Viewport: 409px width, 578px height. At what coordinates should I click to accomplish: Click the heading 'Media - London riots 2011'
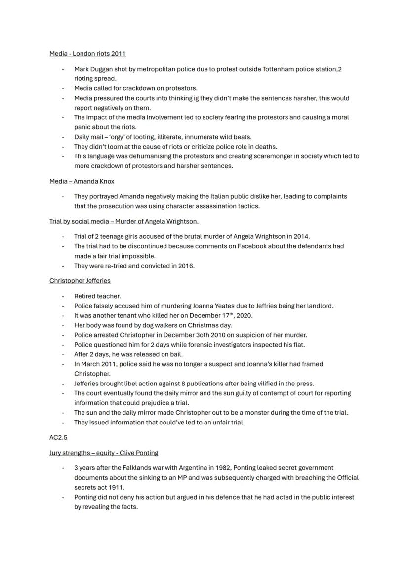87,53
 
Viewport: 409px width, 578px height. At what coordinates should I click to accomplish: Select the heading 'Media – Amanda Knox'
82,181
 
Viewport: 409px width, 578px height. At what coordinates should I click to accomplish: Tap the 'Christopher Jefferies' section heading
80,281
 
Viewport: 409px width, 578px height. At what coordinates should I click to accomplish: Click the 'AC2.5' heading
58,437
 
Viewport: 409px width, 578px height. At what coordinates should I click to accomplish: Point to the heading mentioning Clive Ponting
104,453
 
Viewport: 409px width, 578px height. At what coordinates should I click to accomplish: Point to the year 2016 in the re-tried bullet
186,266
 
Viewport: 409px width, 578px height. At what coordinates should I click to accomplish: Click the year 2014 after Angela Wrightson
301,236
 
